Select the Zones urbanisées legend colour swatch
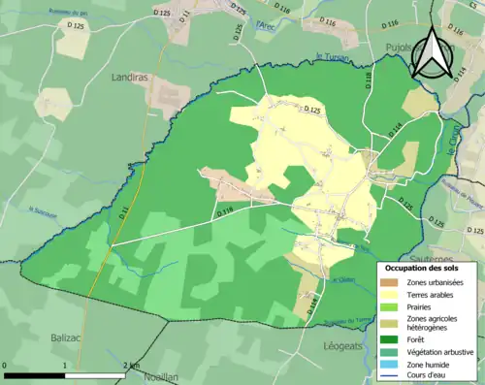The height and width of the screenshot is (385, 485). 389,281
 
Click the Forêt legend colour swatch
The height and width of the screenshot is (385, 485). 389,339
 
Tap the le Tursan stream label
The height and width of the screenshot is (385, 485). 332,57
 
